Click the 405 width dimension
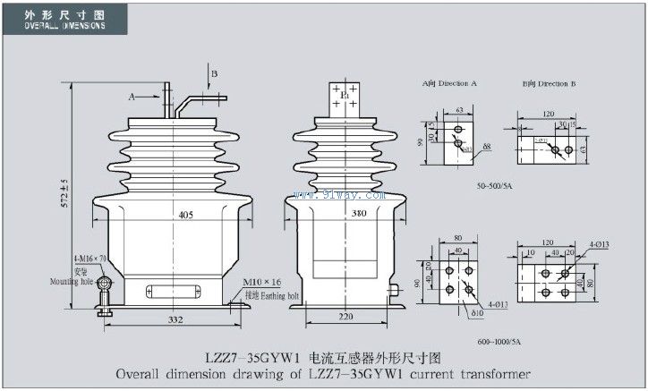coord(185,215)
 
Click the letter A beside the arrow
coord(132,94)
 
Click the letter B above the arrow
coord(214,71)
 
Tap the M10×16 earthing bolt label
coord(261,281)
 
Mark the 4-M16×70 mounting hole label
coord(90,259)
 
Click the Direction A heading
coord(450,83)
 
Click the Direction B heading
coord(549,83)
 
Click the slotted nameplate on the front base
coord(173,291)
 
